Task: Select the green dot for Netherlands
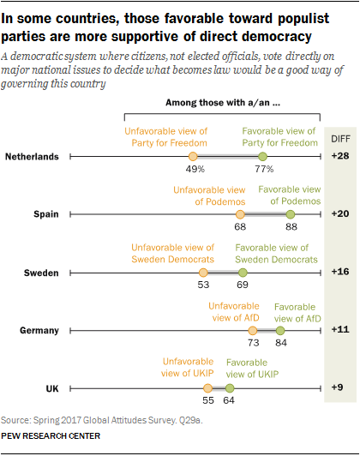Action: pyautogui.click(x=263, y=157)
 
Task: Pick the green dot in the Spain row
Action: pyautogui.click(x=291, y=214)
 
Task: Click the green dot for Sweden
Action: pyautogui.click(x=243, y=273)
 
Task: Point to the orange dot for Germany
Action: pyautogui.click(x=253, y=330)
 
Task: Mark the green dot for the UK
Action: pyautogui.click(x=229, y=388)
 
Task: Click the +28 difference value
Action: pyautogui.click(x=339, y=157)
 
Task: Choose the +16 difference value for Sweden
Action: pyautogui.click(x=339, y=273)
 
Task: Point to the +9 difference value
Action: pyautogui.click(x=339, y=388)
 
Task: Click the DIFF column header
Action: pyautogui.click(x=339, y=137)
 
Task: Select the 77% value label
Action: pyautogui.click(x=262, y=170)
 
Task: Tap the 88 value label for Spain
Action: pyautogui.click(x=291, y=228)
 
